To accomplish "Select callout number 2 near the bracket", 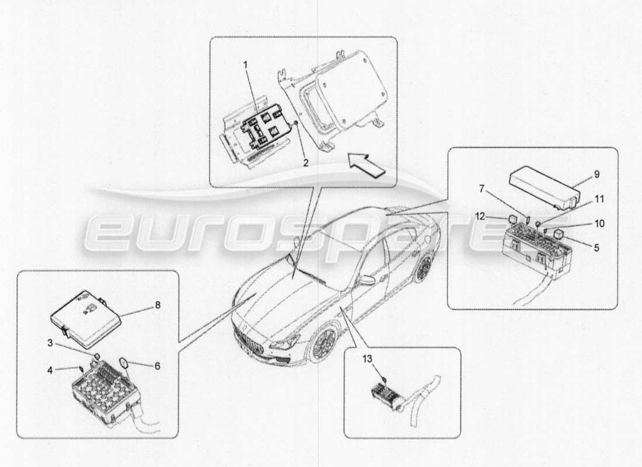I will tap(305, 163).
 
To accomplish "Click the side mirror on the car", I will tap(367, 281).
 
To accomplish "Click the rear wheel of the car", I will tap(424, 269).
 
